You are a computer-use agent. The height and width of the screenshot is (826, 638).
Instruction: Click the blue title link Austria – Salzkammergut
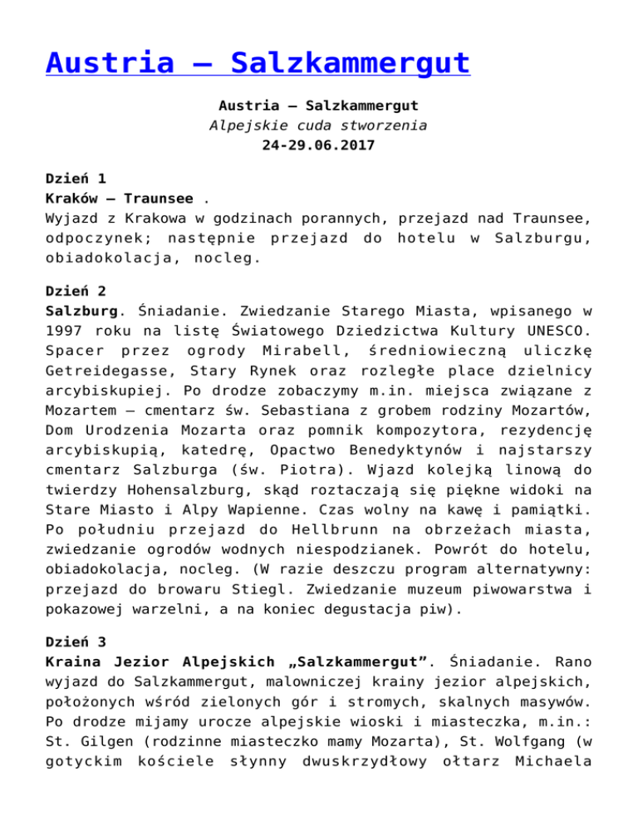click(x=258, y=63)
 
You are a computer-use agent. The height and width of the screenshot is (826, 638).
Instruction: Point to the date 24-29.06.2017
click(x=318, y=147)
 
